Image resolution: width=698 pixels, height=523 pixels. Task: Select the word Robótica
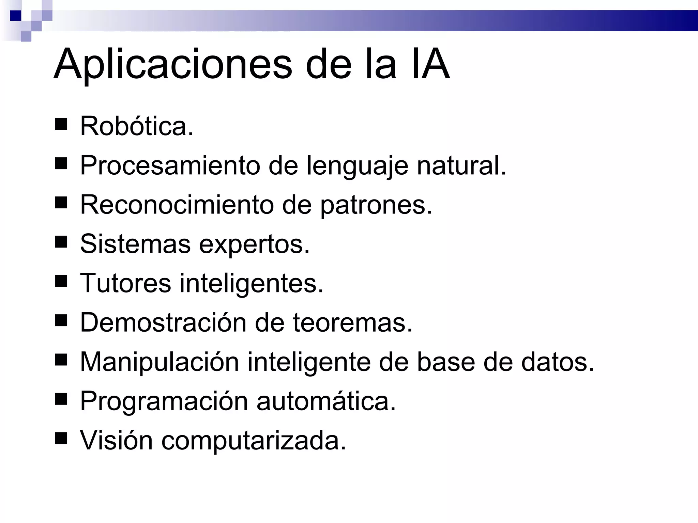point(136,126)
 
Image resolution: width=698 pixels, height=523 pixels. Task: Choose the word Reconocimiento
point(177,205)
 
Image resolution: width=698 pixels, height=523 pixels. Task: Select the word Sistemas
point(135,244)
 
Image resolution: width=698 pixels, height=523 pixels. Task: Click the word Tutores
point(125,283)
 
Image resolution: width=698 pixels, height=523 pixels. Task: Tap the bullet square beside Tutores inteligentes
point(61,281)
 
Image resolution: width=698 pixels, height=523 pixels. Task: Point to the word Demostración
point(163,322)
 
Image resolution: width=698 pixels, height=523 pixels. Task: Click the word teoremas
point(352,323)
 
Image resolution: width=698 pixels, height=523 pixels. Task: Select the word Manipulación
point(159,362)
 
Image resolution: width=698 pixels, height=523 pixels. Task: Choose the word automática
point(326,401)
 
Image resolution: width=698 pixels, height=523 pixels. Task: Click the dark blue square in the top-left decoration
point(15,15)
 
